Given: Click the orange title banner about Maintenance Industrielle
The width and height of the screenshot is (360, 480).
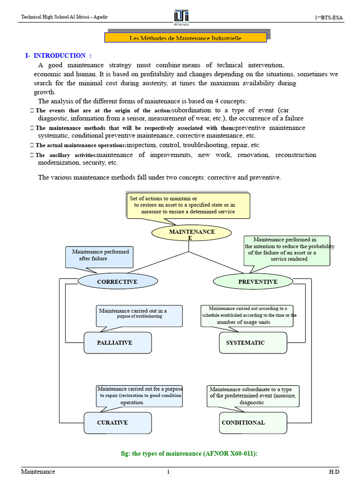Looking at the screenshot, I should pyautogui.click(x=186, y=38).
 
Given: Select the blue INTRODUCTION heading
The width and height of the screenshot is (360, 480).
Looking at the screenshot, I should pyautogui.click(x=59, y=55).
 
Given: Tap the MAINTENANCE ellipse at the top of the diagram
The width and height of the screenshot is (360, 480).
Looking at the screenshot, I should pyautogui.click(x=191, y=233).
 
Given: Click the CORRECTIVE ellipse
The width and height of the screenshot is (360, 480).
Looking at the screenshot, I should pyautogui.click(x=117, y=282).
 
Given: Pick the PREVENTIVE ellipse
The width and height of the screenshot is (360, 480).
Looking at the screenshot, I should pyautogui.click(x=257, y=282).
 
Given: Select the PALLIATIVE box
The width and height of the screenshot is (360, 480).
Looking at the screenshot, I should pyautogui.click(x=117, y=343).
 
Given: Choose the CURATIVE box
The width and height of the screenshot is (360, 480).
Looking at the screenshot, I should pyautogui.click(x=117, y=423).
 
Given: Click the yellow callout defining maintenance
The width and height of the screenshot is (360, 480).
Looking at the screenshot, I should pyautogui.click(x=188, y=205).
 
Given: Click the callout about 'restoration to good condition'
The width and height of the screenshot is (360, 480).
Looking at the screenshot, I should pyautogui.click(x=139, y=396).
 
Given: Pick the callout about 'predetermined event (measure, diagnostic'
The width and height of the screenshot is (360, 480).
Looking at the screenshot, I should pyautogui.click(x=252, y=396).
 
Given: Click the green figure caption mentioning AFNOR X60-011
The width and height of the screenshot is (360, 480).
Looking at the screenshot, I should pyautogui.click(x=189, y=454).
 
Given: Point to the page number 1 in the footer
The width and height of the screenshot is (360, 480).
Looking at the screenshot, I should pyautogui.click(x=168, y=472).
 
